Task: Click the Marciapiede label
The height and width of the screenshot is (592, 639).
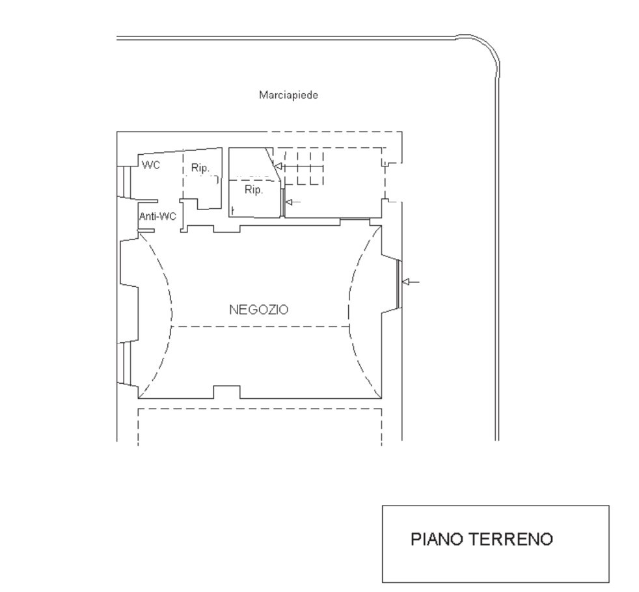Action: tap(288, 96)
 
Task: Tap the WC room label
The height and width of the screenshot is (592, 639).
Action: tap(151, 165)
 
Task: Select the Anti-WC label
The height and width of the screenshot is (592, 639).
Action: tap(157, 216)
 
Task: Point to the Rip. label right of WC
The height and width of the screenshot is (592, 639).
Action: tap(200, 168)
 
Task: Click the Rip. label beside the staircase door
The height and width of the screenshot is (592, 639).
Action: tap(254, 190)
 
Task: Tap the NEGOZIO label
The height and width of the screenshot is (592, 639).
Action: tap(259, 310)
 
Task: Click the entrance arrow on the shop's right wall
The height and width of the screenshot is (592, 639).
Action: tap(411, 282)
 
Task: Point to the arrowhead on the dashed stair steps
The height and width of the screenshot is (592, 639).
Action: tap(278, 167)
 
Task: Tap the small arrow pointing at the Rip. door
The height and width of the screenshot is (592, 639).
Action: tap(293, 202)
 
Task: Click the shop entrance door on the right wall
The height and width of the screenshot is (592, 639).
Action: tap(400, 284)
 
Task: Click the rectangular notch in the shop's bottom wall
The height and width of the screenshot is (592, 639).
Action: tap(227, 392)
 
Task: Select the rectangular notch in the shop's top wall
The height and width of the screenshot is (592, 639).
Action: tap(227, 228)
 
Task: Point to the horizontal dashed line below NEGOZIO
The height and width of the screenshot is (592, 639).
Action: tap(260, 327)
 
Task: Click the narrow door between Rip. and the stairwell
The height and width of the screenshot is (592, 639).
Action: tap(282, 202)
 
